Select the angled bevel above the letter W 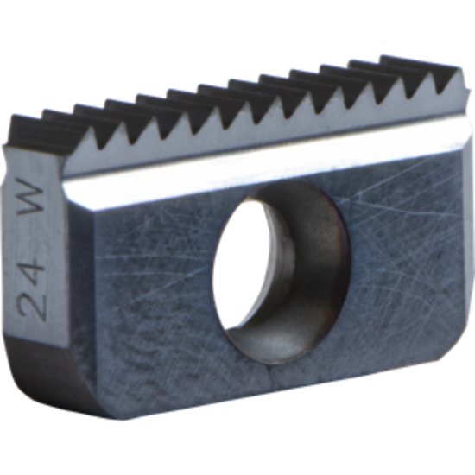(39, 164)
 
